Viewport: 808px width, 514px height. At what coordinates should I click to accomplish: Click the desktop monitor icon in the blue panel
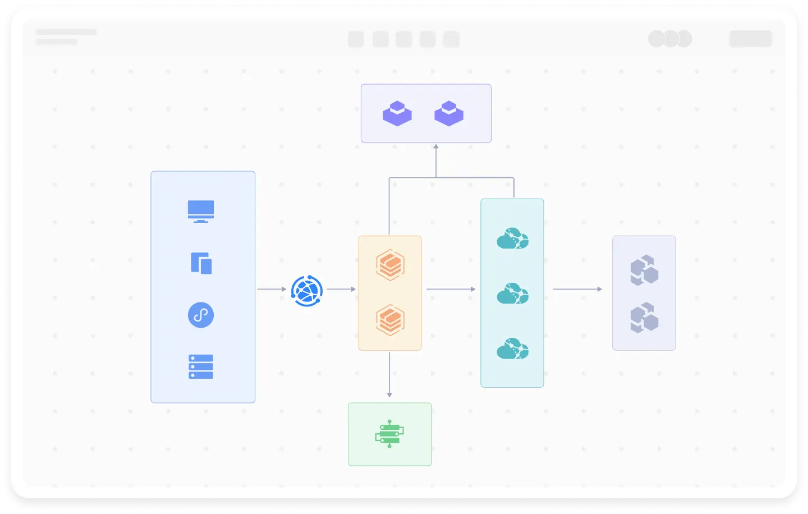pos(201,211)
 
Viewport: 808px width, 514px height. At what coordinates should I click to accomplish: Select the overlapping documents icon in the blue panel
pos(201,263)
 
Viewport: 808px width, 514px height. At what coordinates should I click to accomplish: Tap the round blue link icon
pos(201,315)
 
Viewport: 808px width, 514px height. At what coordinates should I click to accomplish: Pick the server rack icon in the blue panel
pos(201,366)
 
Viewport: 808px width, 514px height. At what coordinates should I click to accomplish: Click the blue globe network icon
pos(307,291)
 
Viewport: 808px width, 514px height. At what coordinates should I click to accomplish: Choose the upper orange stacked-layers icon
pos(390,265)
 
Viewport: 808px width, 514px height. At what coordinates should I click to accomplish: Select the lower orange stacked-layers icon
pos(390,320)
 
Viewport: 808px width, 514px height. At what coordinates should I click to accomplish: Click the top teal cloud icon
pos(512,238)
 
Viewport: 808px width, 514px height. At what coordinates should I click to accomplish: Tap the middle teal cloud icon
pos(512,293)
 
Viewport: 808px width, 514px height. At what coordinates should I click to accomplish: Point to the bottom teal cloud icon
pos(512,348)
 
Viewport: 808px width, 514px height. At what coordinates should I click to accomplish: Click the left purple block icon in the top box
pos(397,113)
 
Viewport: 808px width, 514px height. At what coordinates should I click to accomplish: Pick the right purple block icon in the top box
pos(449,113)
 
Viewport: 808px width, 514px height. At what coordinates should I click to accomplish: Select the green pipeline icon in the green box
pos(389,434)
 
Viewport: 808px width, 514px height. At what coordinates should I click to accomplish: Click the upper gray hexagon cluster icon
pos(644,270)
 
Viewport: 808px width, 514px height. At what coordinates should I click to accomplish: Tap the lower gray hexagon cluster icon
pos(644,318)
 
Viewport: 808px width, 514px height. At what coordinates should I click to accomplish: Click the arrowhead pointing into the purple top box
pos(436,146)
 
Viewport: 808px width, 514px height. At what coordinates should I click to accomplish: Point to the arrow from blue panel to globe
pos(272,289)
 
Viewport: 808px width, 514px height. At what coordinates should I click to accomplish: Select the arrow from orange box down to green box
pos(389,375)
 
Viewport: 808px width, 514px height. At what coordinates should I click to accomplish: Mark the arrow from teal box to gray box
pos(577,289)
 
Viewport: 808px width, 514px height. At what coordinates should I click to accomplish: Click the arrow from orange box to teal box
pos(451,289)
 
